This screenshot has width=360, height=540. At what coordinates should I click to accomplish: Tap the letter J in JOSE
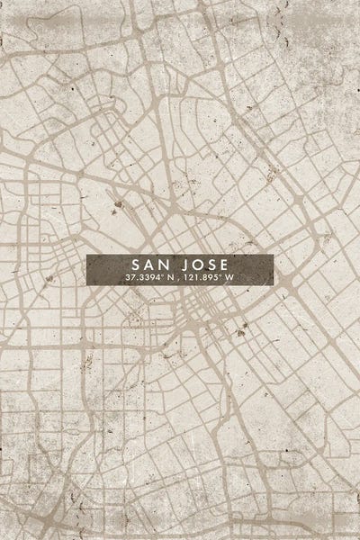184,265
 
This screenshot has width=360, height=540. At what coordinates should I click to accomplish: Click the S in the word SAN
138,265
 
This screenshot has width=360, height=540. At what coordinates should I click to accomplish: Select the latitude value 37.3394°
141,279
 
